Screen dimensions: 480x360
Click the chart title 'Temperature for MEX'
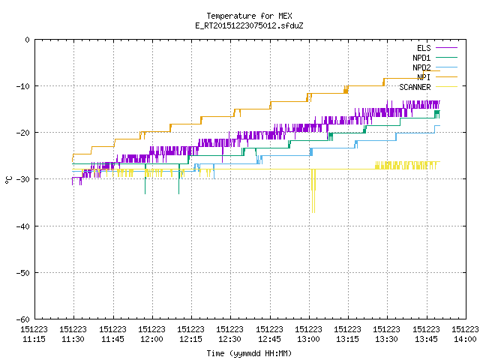click(249, 16)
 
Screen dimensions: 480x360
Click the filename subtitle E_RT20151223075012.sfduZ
click(249, 25)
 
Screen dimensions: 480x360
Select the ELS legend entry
click(436, 48)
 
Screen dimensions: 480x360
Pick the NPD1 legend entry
click(435, 58)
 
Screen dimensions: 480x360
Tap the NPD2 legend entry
click(435, 67)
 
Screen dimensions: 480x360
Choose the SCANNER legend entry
click(428, 87)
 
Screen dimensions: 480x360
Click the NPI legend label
click(424, 77)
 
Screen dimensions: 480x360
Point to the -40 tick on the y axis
click(23, 226)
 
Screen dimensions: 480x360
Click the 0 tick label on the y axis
click(27, 40)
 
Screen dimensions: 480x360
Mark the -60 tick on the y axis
click(23, 319)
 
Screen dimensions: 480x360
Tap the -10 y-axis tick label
click(23, 86)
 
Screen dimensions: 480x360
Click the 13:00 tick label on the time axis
click(308, 334)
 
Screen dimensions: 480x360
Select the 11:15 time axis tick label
click(34, 334)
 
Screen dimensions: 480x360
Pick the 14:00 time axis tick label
click(465, 334)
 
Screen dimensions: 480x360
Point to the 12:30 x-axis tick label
click(230, 334)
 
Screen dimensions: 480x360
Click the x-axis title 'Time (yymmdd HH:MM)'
click(249, 353)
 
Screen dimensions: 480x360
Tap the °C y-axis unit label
click(8, 180)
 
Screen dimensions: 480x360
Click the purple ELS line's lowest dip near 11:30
click(73, 183)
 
